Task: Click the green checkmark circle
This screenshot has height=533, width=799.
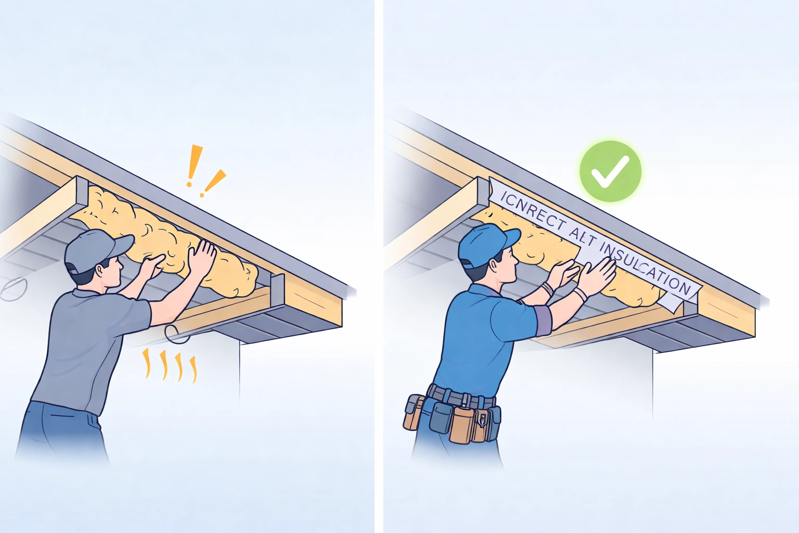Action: [x=611, y=171]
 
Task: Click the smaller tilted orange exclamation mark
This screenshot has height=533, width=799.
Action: [x=214, y=182]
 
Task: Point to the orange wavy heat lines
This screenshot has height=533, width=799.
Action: [x=170, y=365]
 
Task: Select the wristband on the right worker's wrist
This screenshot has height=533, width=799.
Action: [x=581, y=294]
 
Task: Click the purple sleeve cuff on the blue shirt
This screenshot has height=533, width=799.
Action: [x=543, y=321]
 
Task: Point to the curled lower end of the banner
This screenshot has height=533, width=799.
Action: [x=671, y=302]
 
